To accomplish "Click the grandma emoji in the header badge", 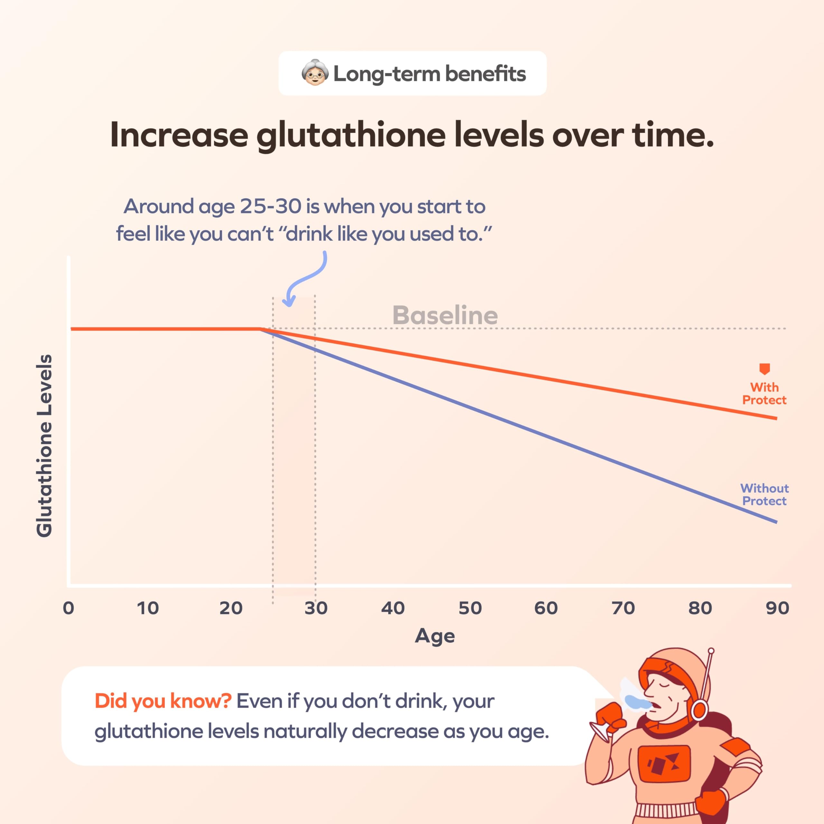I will [315, 73].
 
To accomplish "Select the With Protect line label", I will [764, 393].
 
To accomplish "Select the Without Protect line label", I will [764, 494].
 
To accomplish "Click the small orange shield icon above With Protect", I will [764, 369].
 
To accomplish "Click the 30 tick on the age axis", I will [316, 608].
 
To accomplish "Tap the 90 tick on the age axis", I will [777, 608].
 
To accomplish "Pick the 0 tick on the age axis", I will [68, 608].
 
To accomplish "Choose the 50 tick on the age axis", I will [470, 608].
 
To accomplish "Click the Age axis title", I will [435, 636].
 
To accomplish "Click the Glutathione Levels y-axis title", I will [44, 446].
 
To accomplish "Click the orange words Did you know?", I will [163, 701].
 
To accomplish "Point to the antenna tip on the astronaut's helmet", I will [711, 651].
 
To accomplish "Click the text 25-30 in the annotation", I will [270, 207].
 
